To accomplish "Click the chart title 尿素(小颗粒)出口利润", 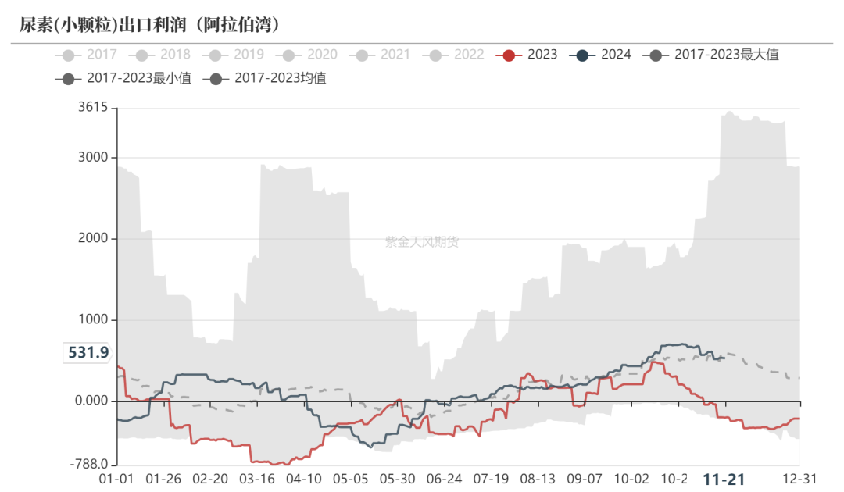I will tap(149, 25).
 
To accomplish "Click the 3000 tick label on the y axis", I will tap(92, 158).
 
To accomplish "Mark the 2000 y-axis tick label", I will tap(92, 239).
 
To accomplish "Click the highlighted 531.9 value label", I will tap(88, 353).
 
